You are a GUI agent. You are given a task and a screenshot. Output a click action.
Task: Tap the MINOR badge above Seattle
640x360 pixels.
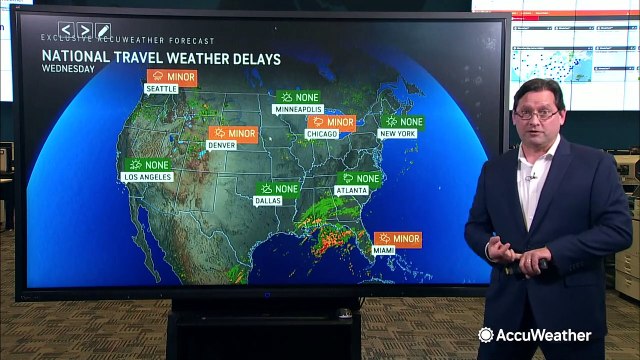[171, 76]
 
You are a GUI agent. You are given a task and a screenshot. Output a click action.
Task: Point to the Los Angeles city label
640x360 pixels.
[147, 176]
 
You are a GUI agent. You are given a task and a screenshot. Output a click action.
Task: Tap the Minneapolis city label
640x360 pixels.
[299, 109]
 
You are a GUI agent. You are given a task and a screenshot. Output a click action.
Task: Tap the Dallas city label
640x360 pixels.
[267, 200]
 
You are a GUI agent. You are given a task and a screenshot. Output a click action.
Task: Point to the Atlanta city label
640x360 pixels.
[351, 190]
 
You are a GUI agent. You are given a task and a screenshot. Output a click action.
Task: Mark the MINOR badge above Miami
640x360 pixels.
[397, 239]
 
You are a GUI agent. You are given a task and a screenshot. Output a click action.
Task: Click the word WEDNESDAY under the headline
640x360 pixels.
[67, 70]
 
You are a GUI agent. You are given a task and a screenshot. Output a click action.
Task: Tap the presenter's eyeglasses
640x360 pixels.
[537, 115]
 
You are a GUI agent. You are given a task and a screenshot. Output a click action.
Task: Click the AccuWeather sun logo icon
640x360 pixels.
[486, 335]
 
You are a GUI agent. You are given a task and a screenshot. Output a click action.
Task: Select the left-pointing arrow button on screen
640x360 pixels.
[67, 31]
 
